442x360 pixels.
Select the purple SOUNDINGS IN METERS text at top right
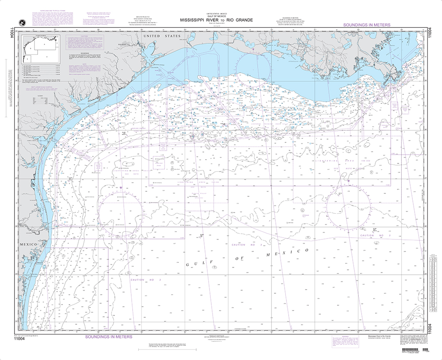pyautogui.click(x=366, y=25)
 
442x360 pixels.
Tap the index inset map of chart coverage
pyautogui.click(x=40, y=49)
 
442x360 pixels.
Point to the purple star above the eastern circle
pyautogui.click(x=349, y=181)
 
